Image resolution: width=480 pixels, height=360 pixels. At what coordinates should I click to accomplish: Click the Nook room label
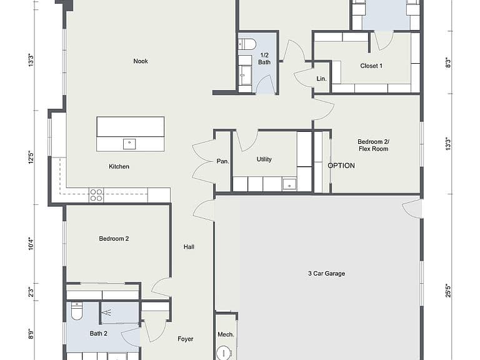click(x=141, y=61)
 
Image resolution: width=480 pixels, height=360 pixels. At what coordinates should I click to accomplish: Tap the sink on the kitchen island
click(x=129, y=144)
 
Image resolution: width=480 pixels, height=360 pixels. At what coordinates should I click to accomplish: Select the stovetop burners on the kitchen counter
click(x=96, y=195)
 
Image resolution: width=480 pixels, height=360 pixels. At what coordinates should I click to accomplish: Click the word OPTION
click(x=341, y=166)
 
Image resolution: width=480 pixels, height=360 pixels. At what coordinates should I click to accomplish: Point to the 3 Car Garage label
click(x=327, y=273)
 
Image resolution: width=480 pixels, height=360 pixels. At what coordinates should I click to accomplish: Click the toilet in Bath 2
click(x=76, y=311)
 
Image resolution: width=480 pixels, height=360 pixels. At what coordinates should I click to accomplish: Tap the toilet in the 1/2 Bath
click(x=247, y=44)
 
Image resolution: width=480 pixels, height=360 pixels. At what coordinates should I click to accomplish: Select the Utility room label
click(x=264, y=159)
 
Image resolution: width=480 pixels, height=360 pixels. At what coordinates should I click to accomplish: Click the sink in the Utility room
click(x=289, y=184)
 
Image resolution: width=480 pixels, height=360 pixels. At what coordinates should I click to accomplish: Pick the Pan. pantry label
click(x=223, y=161)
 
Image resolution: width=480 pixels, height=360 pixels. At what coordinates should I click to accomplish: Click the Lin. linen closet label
click(x=321, y=79)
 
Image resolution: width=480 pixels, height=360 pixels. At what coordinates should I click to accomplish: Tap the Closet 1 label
click(x=371, y=66)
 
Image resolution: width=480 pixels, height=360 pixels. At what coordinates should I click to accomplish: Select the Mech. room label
click(x=226, y=334)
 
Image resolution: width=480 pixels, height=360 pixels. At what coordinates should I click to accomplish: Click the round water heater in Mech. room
click(x=224, y=353)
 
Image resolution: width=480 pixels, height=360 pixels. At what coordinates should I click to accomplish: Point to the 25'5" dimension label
click(x=448, y=290)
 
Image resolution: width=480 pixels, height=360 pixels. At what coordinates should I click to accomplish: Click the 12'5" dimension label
click(x=31, y=157)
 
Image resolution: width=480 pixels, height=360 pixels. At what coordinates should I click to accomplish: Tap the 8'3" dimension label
click(x=448, y=62)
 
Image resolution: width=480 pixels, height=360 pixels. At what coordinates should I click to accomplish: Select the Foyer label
click(x=186, y=339)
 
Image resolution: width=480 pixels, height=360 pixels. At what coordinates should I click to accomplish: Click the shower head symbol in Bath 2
click(x=107, y=312)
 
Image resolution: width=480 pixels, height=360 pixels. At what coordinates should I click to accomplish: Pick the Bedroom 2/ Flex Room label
click(x=374, y=145)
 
